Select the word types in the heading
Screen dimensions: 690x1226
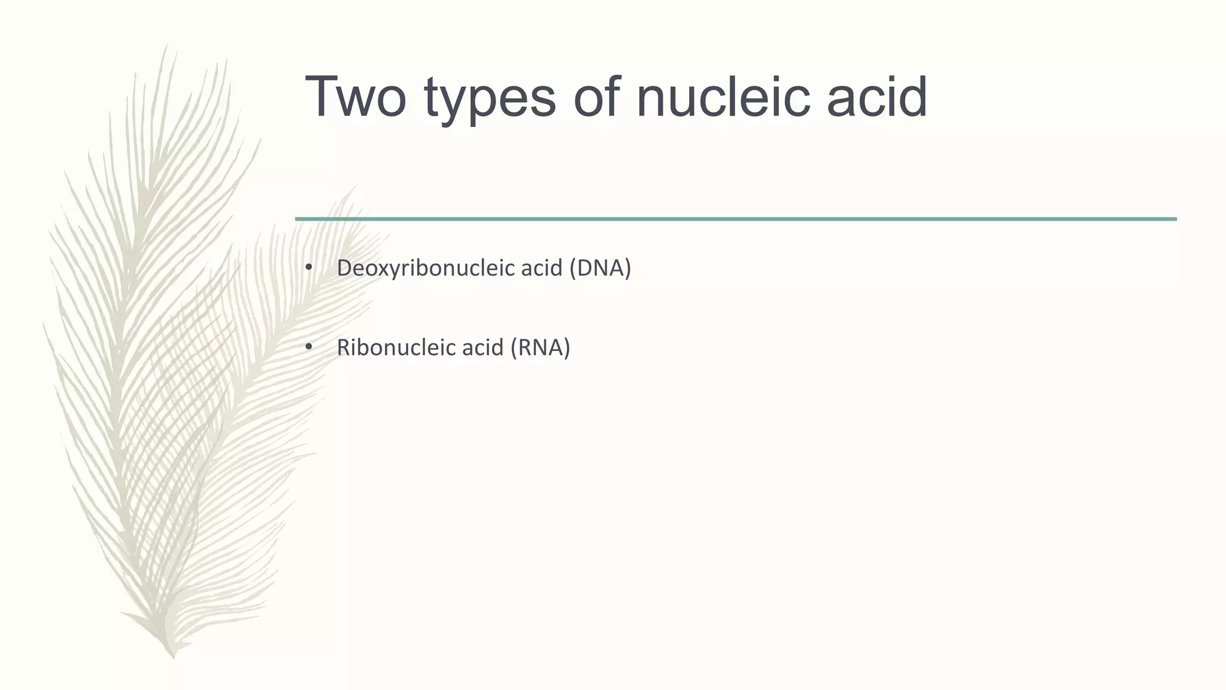490,101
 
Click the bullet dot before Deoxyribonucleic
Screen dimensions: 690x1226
309,268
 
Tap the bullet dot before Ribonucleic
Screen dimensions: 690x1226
309,347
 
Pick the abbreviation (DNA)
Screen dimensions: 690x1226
600,268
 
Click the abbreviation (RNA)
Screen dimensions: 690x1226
539,347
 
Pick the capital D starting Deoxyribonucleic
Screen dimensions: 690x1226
344,268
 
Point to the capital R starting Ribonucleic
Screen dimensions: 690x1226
343,347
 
